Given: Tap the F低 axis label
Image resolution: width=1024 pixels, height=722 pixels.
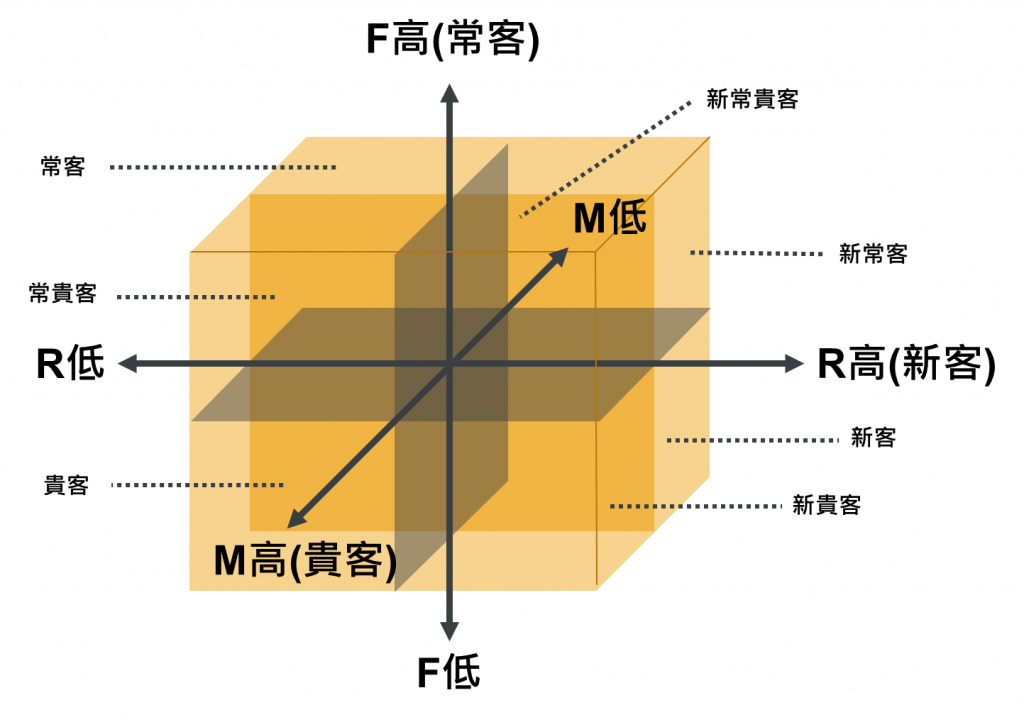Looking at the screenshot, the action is (448, 673).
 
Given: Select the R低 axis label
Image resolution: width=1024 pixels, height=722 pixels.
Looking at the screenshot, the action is (70, 364).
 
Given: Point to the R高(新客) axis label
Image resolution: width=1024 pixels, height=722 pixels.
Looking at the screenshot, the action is (906, 365).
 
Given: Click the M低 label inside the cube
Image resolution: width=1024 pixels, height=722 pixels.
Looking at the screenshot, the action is (610, 217).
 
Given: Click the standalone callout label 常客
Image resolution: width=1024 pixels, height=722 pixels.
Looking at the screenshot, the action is (63, 166).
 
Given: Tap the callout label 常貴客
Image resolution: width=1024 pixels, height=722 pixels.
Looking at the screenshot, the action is (63, 293).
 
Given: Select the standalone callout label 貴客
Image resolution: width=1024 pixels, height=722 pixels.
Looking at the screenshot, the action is (66, 486).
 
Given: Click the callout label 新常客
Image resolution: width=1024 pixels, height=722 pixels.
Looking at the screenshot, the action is (873, 254).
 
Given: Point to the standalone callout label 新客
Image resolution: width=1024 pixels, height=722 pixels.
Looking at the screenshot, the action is (872, 437).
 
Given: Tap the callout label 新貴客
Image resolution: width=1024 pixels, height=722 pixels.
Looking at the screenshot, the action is (826, 505).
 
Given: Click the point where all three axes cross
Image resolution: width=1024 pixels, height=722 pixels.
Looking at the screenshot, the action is (450, 365).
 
